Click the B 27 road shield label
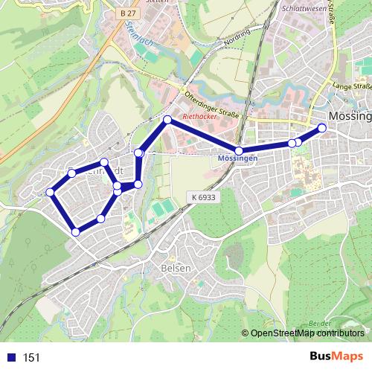point(128,13)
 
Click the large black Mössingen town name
point(349,117)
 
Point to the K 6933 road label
point(202,196)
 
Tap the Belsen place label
point(176,268)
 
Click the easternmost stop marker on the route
point(322,128)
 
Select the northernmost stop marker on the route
point(167,120)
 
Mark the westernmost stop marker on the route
point(51,193)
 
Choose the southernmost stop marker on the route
point(75,232)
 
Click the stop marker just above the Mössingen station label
point(239,151)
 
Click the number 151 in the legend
point(31,357)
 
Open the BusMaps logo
point(336,356)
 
